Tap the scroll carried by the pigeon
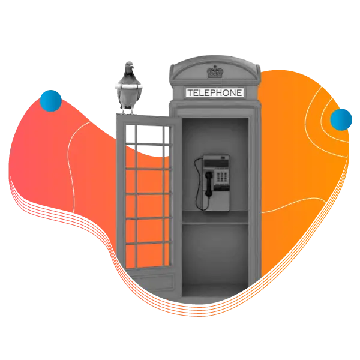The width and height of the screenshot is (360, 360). (128, 86)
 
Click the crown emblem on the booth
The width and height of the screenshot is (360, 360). (215, 71)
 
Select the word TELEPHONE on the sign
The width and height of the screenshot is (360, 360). (215, 93)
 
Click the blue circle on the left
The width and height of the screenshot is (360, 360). (50, 101)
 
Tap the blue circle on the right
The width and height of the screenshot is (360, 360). (341, 119)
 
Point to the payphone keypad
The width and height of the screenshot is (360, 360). (222, 177)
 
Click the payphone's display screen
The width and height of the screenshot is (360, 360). (216, 163)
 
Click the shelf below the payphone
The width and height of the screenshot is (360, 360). (215, 217)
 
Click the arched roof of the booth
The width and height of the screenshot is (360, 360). (215, 69)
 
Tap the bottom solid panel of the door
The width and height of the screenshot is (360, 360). (151, 283)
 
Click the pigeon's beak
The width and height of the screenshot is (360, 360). (133, 67)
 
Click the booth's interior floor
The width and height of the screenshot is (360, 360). (215, 291)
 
